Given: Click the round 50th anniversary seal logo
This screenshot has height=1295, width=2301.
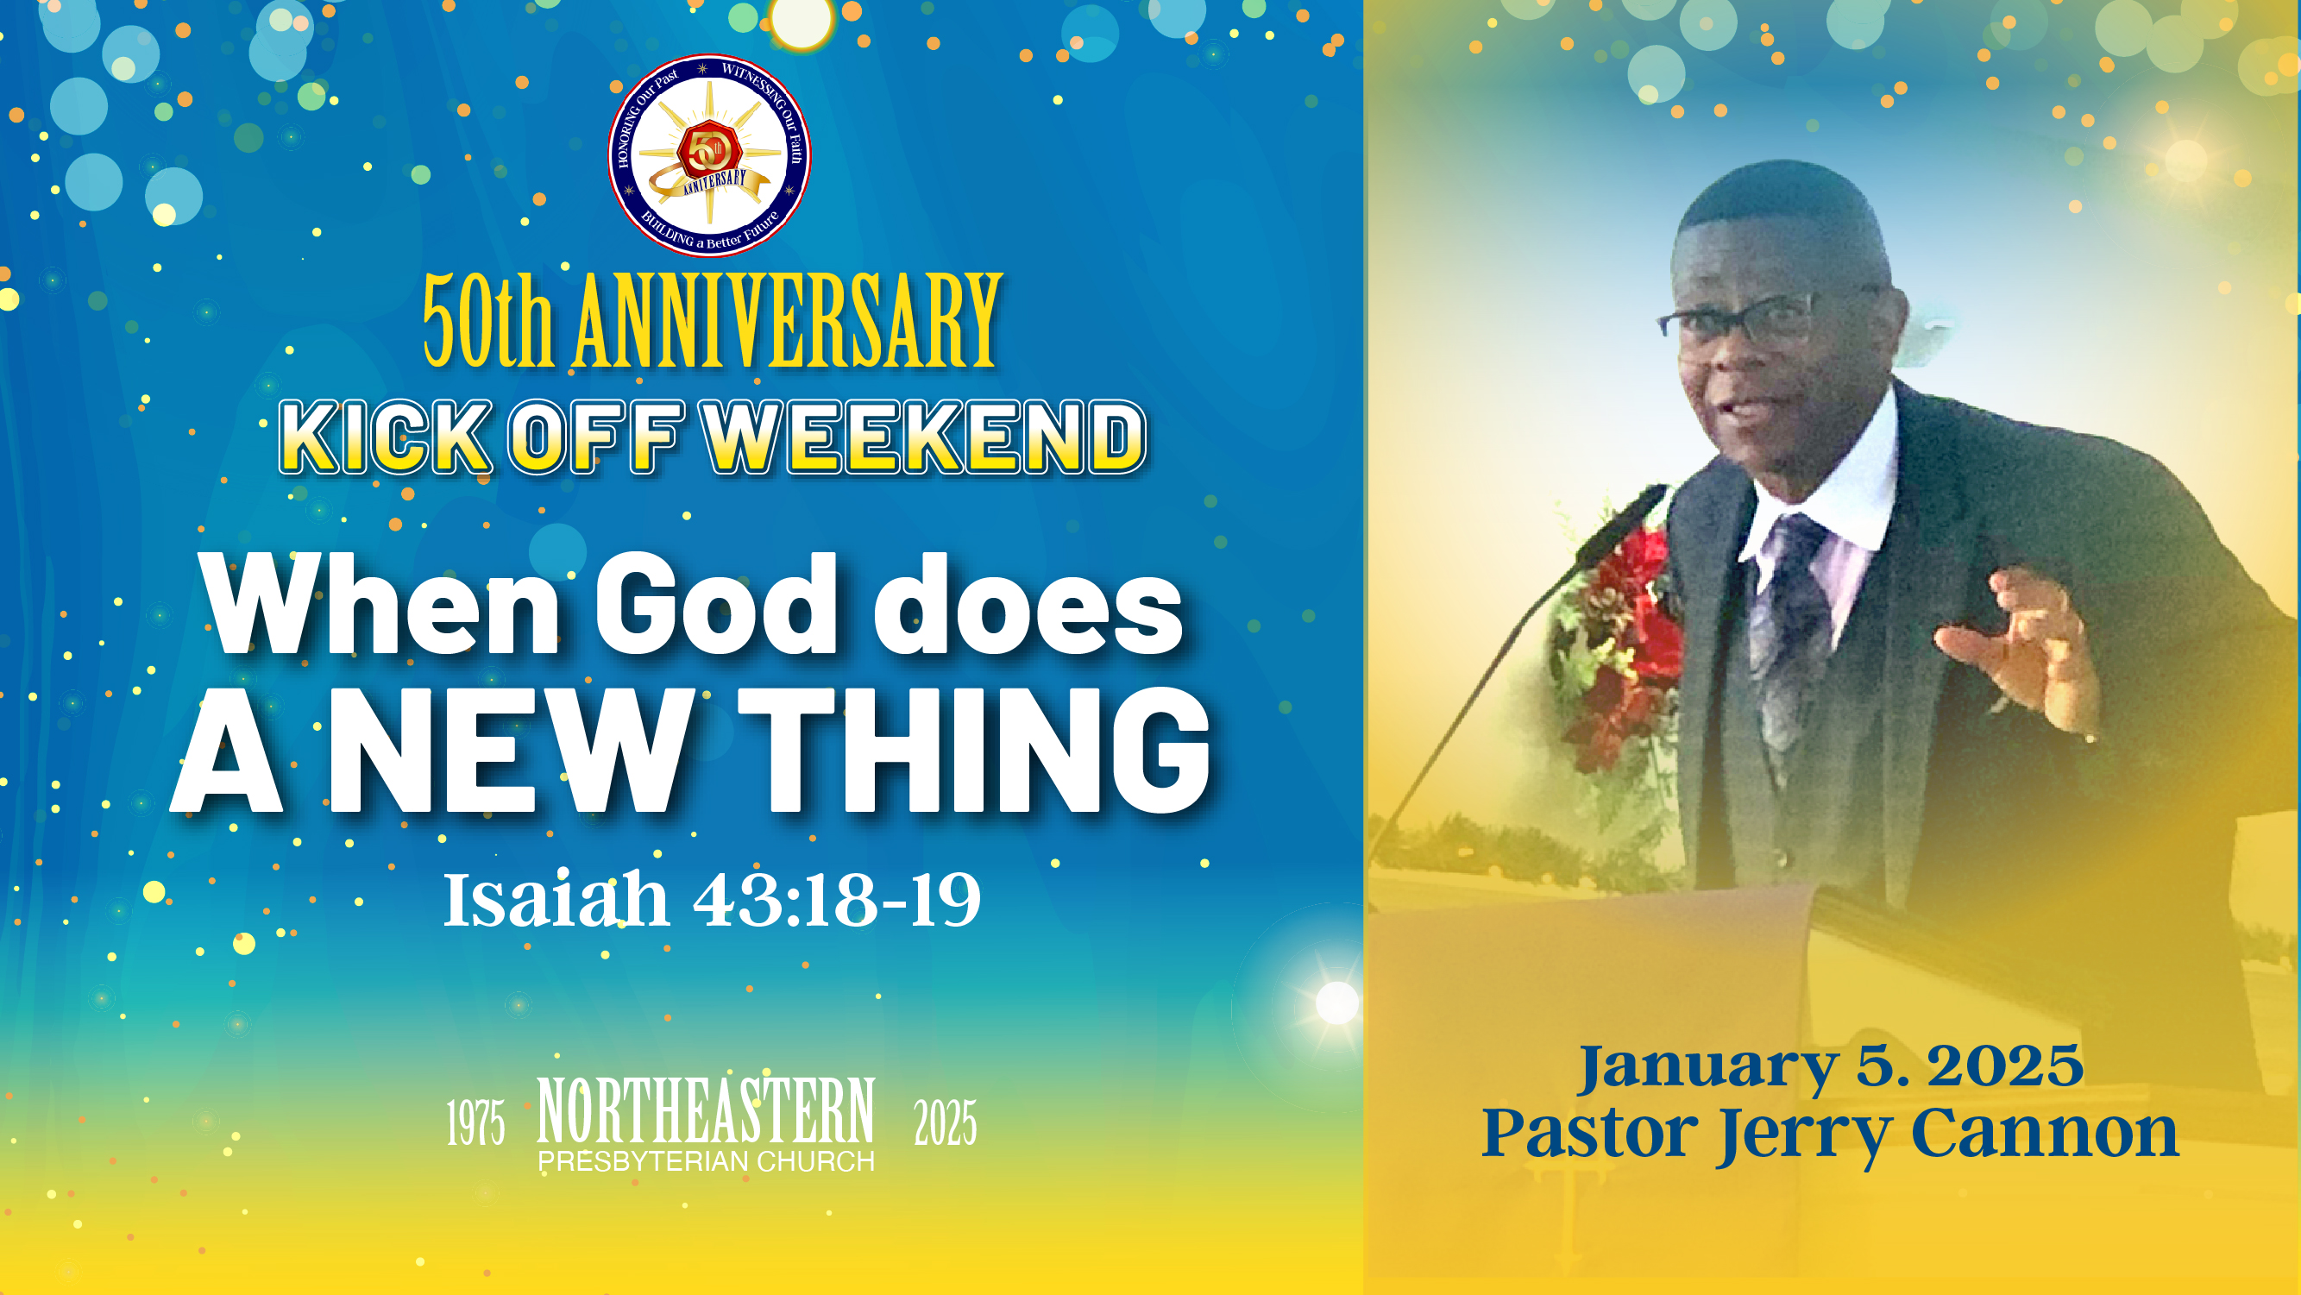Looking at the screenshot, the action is (x=709, y=155).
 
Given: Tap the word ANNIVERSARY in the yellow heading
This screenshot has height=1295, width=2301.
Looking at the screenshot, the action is (x=787, y=322).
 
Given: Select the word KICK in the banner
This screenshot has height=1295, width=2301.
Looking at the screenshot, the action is (x=387, y=437).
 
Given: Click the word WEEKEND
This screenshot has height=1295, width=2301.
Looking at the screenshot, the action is (x=926, y=437).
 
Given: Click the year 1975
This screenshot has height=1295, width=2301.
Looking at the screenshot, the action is (x=475, y=1122).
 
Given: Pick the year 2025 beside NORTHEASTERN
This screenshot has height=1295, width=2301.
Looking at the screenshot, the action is (x=945, y=1122).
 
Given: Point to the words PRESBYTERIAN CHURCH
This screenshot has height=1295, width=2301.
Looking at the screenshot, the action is (x=706, y=1161).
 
